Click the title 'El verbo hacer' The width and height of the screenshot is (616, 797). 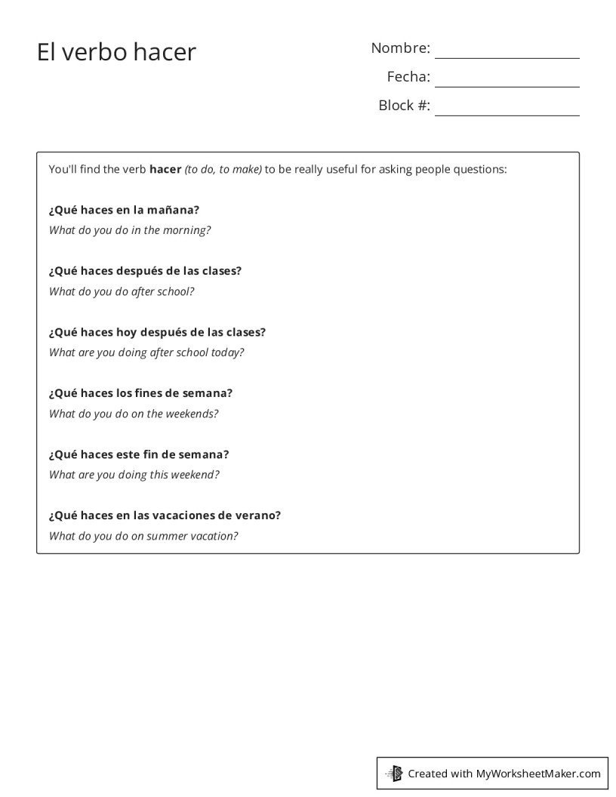coord(116,52)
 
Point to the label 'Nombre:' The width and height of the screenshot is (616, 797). coord(400,48)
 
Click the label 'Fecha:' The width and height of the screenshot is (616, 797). coord(408,77)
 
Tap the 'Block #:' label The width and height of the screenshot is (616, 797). coord(404,106)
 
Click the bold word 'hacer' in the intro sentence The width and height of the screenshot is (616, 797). coord(165,169)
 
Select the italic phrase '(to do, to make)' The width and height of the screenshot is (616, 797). coord(223,169)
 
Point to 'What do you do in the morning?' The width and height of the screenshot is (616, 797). coord(130,230)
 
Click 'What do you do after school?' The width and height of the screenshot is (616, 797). coord(122,291)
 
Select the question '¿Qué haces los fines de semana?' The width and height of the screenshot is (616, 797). coord(140,393)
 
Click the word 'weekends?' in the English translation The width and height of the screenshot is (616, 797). coord(192,414)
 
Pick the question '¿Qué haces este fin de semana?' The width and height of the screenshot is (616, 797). coord(139,454)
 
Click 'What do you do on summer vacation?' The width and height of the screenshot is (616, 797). coord(143,536)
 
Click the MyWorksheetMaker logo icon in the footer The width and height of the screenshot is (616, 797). coord(395,773)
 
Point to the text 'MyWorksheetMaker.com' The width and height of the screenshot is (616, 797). coord(538,774)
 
